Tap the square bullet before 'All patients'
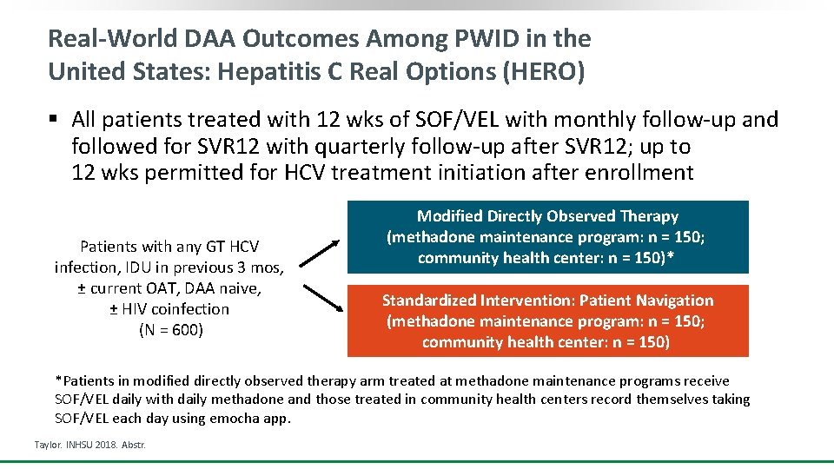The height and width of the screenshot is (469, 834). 54,119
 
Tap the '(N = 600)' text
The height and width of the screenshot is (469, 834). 171,330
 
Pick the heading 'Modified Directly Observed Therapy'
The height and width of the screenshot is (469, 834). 547,216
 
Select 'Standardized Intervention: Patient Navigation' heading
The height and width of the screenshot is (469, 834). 547,301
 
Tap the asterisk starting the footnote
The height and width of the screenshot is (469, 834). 58,380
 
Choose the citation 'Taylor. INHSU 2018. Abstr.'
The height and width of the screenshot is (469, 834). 89,445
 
